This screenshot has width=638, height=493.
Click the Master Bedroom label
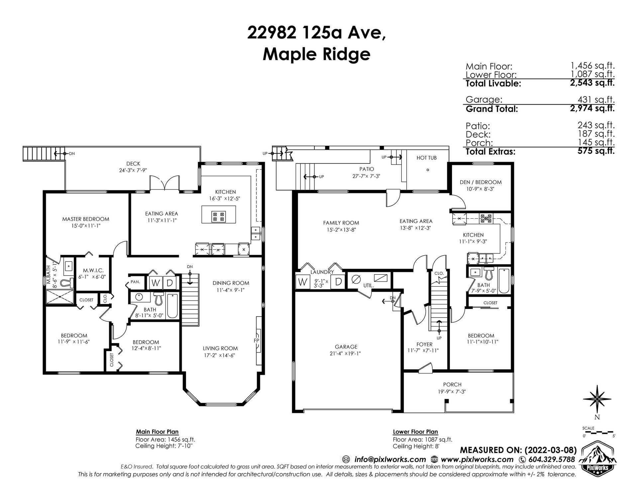(x=85, y=219)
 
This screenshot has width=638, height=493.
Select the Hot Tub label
(x=426, y=158)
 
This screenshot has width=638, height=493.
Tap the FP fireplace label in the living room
(x=257, y=341)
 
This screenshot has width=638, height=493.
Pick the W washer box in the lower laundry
(x=302, y=282)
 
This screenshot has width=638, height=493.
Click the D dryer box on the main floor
(x=169, y=283)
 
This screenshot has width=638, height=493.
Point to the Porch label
(x=452, y=385)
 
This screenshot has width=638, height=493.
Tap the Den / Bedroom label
(x=480, y=182)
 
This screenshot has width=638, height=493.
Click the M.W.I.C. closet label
(x=87, y=270)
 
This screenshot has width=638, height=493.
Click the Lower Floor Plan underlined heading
(x=415, y=432)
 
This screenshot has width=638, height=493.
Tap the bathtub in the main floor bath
(x=172, y=306)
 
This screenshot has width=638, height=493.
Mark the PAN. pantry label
(x=135, y=282)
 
